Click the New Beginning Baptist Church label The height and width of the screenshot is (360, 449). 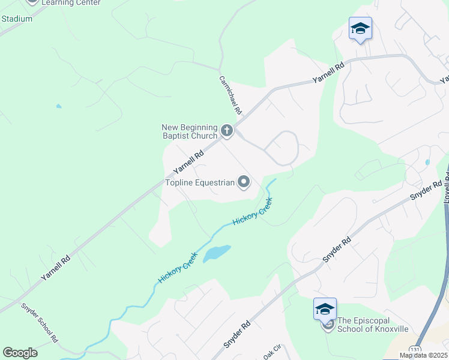coord(189,131)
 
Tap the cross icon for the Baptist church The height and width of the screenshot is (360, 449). coord(227,130)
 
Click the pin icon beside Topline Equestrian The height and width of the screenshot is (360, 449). coord(244,181)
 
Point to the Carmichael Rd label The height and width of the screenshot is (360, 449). coord(230,95)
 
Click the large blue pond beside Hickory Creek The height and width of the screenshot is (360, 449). coord(216,253)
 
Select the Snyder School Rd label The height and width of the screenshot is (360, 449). coord(40,322)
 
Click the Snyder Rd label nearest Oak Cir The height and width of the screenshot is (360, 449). coord(237,336)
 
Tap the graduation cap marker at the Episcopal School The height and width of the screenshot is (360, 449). coord(325,309)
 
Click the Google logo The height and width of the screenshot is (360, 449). coord(20,352)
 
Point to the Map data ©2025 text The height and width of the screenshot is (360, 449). coord(423,355)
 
